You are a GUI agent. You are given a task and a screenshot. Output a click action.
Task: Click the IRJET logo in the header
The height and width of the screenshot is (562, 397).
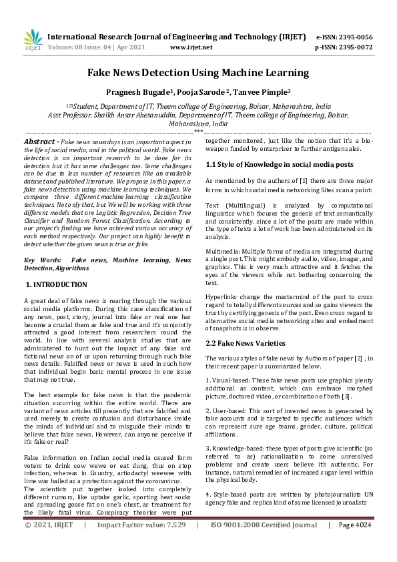click(x=33, y=41)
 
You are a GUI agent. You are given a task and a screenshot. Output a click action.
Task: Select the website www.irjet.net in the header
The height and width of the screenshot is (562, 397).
click(x=191, y=47)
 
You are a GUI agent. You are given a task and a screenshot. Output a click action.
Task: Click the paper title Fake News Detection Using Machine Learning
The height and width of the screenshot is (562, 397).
click(x=198, y=72)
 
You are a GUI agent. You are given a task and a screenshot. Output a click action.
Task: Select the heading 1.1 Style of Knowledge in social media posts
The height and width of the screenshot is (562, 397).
click(x=280, y=164)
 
